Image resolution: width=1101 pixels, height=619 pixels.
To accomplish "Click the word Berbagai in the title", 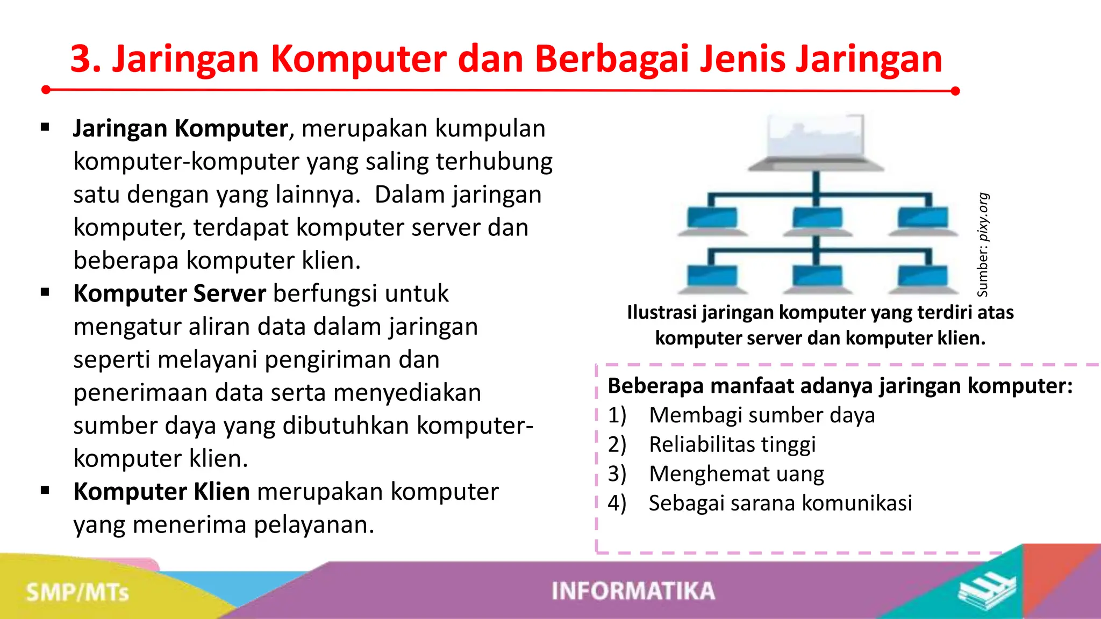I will coord(612,59).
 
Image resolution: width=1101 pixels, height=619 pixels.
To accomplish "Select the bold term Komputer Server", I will coord(169,293).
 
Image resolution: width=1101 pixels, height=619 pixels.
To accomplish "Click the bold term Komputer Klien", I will coord(161,492).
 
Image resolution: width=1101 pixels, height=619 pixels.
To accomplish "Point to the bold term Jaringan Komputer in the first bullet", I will coord(181,129).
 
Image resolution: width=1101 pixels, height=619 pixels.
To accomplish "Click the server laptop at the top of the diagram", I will coord(816,142).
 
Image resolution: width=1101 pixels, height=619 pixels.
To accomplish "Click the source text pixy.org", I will coord(983,217).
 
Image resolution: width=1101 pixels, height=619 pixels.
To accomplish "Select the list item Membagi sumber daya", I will coord(762,415).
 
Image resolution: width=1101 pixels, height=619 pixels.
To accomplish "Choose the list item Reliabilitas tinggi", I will coord(732,445).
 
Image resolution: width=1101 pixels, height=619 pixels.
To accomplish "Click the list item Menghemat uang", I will coord(737,474).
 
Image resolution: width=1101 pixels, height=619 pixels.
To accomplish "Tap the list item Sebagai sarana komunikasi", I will coord(780,503).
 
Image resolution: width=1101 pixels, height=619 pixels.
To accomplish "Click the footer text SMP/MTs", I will coord(78,593).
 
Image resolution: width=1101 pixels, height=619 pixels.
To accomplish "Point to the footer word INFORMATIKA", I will coord(633,591).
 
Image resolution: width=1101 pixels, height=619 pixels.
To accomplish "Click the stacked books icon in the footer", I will coord(986,591).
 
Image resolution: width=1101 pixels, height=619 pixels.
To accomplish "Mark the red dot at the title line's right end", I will coord(955,91).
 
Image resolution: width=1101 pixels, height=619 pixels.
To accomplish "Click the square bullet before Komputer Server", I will coord(45,293).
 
